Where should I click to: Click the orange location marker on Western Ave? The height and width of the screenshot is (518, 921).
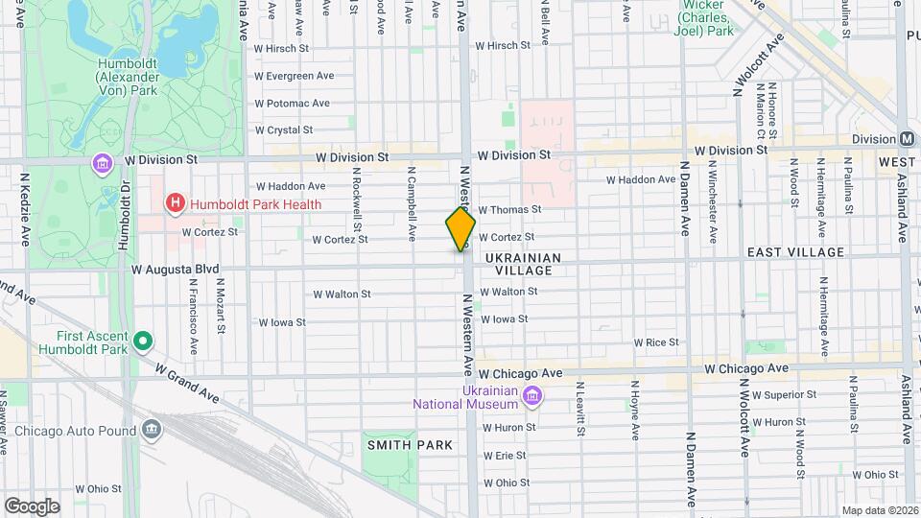pos(460,229)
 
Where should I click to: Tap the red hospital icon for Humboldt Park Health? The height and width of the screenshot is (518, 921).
pos(175,202)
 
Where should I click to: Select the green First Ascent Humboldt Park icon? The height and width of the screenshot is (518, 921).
pos(143,340)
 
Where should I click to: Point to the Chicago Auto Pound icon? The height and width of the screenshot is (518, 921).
pos(151,431)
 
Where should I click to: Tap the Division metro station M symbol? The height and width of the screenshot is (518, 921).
pos(907,139)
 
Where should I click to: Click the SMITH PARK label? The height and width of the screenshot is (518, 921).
pos(408,445)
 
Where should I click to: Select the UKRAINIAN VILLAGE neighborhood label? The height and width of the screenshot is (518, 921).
pos(523,264)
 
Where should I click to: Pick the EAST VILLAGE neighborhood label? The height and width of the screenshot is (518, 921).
pos(795,252)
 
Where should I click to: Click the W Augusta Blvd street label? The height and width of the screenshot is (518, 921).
pos(176,270)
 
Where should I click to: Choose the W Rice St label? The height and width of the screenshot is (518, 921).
pos(655,342)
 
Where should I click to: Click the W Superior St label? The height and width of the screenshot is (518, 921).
pos(784,394)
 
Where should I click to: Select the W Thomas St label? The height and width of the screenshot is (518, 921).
pos(509,209)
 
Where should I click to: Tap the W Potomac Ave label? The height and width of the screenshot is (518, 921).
pos(292,103)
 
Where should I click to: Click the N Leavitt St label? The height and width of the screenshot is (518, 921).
pos(580,409)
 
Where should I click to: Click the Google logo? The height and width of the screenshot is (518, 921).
pos(32,506)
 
